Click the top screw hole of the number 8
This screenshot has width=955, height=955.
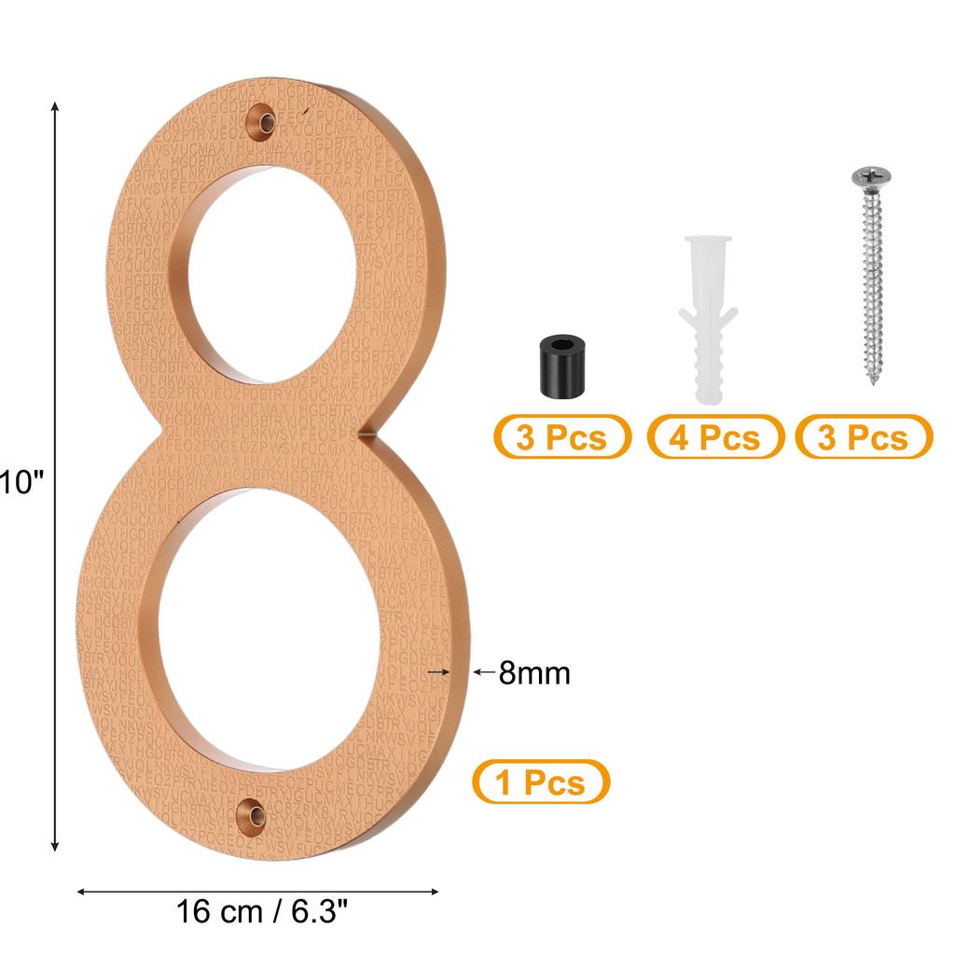tap(265, 122)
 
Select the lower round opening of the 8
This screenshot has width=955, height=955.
tap(264, 630)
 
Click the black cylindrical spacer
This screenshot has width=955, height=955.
tap(558, 370)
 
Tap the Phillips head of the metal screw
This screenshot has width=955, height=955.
tap(870, 176)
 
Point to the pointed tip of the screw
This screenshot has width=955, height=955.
tap(875, 381)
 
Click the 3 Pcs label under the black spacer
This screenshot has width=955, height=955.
tap(561, 436)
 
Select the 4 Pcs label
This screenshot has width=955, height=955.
tap(715, 436)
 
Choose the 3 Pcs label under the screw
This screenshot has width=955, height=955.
tap(864, 436)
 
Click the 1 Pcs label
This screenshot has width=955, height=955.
tap(541, 782)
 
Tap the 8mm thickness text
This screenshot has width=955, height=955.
tap(533, 672)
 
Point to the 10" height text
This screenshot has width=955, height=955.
tap(21, 482)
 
